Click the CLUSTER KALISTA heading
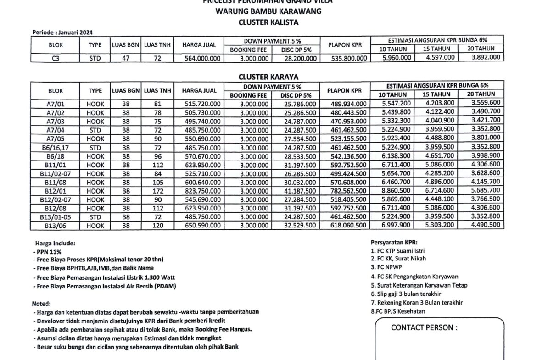click(x=268, y=22)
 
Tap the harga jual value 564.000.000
click(x=202, y=58)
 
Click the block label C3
click(x=56, y=58)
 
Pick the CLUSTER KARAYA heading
click(x=268, y=77)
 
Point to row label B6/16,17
click(x=56, y=148)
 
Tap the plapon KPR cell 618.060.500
click(x=348, y=226)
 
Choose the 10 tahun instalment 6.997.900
click(x=396, y=225)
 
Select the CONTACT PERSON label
click(x=424, y=328)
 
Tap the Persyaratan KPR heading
click(x=394, y=242)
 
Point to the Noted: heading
click(x=41, y=304)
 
